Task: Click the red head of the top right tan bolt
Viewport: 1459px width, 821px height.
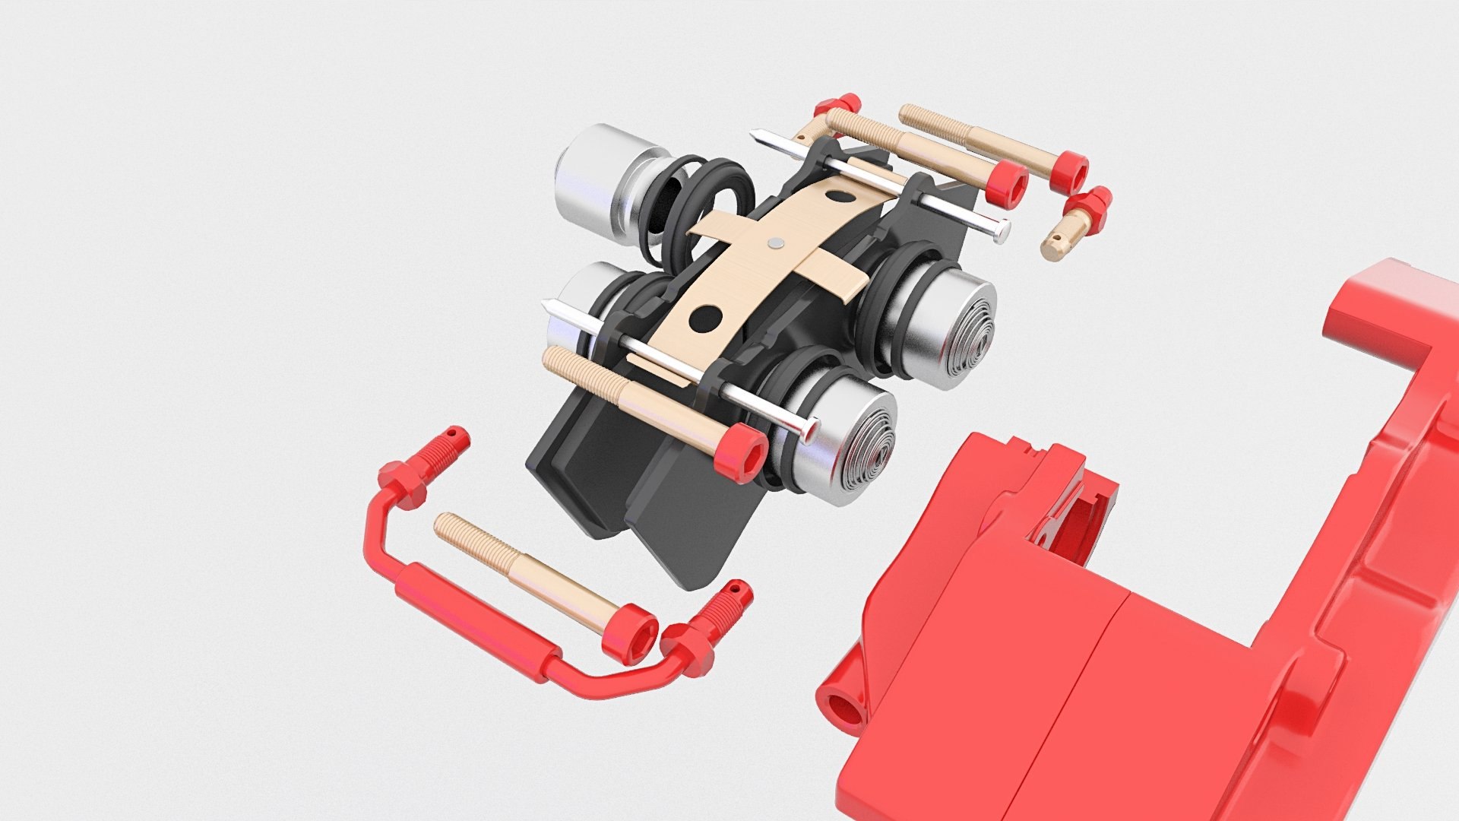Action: pos(1071,171)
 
